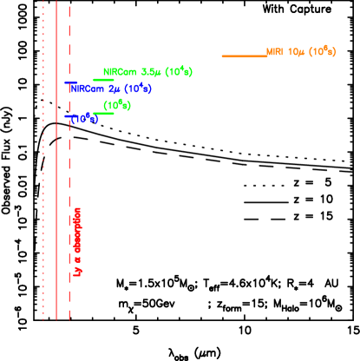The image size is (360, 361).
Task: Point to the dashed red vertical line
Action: pos(69,174)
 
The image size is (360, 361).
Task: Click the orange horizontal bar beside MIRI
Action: pos(244,56)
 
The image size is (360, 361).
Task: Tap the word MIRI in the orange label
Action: pos(275,52)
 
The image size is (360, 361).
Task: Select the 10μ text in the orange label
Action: pos(296,52)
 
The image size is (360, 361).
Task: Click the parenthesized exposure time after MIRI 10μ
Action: pos(322,51)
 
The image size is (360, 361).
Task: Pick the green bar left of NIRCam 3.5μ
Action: pos(103,80)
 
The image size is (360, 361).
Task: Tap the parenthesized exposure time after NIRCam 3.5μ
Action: pos(179,71)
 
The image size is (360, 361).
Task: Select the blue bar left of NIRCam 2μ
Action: pos(70,83)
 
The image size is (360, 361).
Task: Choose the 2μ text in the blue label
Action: pos(114,89)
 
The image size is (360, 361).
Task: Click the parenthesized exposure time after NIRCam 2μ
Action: pos(138,89)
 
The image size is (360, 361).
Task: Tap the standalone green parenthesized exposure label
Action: pos(117,106)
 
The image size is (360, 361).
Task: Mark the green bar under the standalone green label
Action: pos(103,114)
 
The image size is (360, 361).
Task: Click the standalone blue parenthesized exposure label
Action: pos(84,118)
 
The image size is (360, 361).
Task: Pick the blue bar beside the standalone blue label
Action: pos(69,115)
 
